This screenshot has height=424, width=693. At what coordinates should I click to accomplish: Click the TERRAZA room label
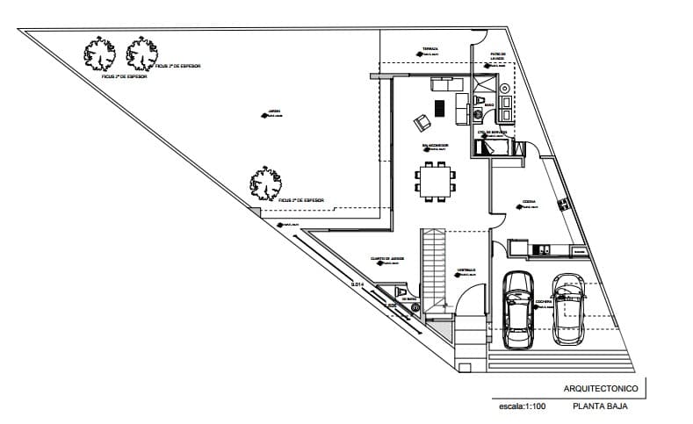point(430,48)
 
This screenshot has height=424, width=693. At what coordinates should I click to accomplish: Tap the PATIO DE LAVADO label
point(498,56)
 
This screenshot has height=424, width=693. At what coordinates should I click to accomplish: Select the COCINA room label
point(530,201)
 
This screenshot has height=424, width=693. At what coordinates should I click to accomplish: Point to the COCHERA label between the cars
point(544,301)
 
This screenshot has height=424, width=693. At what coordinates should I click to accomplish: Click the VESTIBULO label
point(466,269)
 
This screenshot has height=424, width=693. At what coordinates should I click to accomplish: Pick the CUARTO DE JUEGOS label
point(386,259)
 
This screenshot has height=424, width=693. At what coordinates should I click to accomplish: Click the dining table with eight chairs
point(436,182)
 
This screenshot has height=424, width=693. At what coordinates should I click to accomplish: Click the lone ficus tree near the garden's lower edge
point(265,183)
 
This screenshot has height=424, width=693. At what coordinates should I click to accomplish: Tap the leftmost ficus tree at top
point(99,55)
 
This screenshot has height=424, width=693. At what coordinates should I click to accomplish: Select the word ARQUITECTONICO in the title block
point(596,388)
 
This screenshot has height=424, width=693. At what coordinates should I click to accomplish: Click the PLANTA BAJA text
point(601,406)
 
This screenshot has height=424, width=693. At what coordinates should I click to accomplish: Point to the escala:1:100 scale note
point(522,407)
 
